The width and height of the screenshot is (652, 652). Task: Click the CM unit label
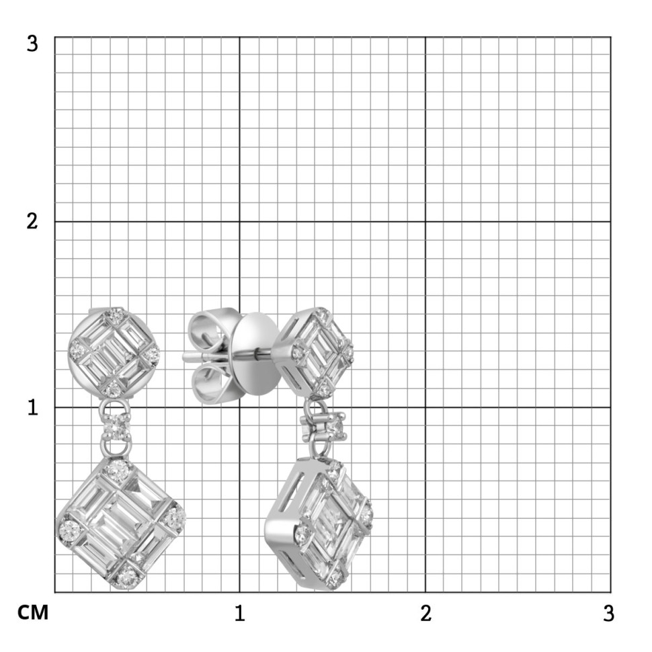pos(33,612)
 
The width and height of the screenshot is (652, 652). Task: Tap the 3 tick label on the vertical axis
pos(32,43)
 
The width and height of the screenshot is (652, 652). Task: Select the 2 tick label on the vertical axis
pos(32,221)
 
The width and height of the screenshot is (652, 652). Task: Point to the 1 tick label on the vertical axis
pos(33,407)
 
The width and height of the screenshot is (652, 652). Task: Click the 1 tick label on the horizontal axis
pos(239,613)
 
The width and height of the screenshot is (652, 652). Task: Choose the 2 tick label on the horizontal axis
pos(425,613)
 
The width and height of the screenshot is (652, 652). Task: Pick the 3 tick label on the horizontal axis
pos(608,613)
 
